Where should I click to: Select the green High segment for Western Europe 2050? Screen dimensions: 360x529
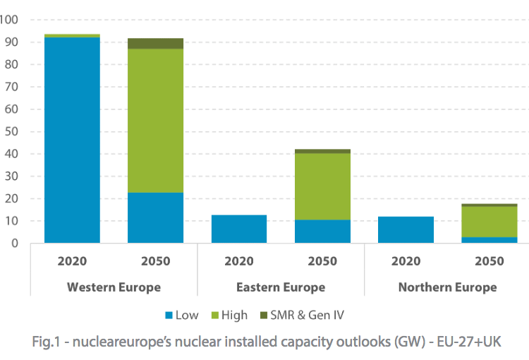[x=155, y=121]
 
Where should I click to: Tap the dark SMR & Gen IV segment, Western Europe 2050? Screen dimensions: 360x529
[x=155, y=44]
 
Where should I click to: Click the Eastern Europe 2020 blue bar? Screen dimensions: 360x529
[x=239, y=229]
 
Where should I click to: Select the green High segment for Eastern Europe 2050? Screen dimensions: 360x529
[x=322, y=186]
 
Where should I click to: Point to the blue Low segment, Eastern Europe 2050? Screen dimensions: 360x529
[x=322, y=232]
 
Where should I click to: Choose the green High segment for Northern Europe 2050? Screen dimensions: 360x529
[x=489, y=222]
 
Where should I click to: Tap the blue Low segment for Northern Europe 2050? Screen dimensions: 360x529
[x=489, y=240]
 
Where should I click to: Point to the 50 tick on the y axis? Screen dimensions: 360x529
[x=9, y=131]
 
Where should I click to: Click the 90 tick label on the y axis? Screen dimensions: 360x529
[x=9, y=42]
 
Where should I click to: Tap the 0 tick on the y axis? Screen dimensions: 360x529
[x=13, y=244]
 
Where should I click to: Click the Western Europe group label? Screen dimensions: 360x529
[x=114, y=287]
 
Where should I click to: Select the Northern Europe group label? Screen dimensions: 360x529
[x=447, y=287]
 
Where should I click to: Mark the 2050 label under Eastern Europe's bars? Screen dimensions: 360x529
[x=322, y=261]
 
